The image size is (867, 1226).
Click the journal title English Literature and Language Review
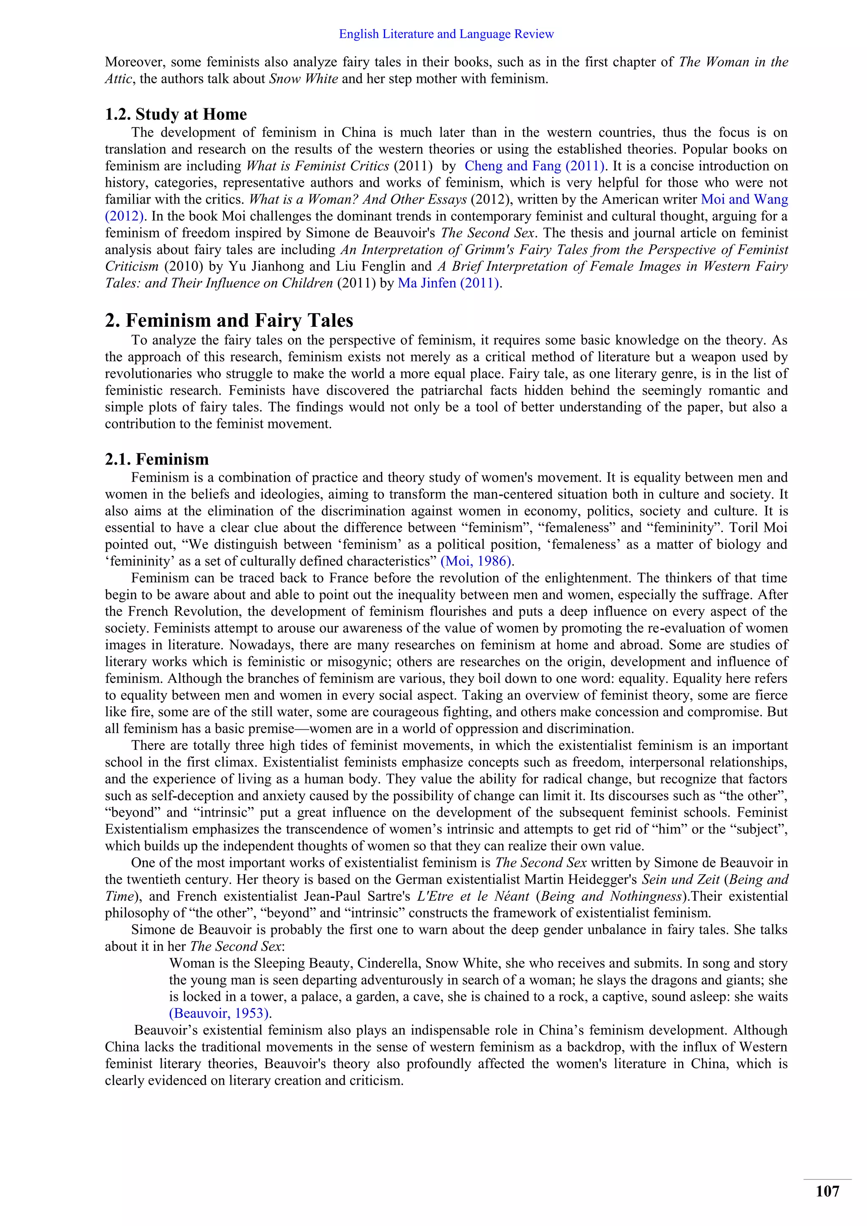446,34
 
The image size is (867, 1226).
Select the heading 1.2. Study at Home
176,114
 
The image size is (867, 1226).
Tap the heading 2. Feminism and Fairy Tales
229,320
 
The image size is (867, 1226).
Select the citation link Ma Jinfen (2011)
448,283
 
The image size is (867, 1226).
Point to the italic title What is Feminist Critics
317,166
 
